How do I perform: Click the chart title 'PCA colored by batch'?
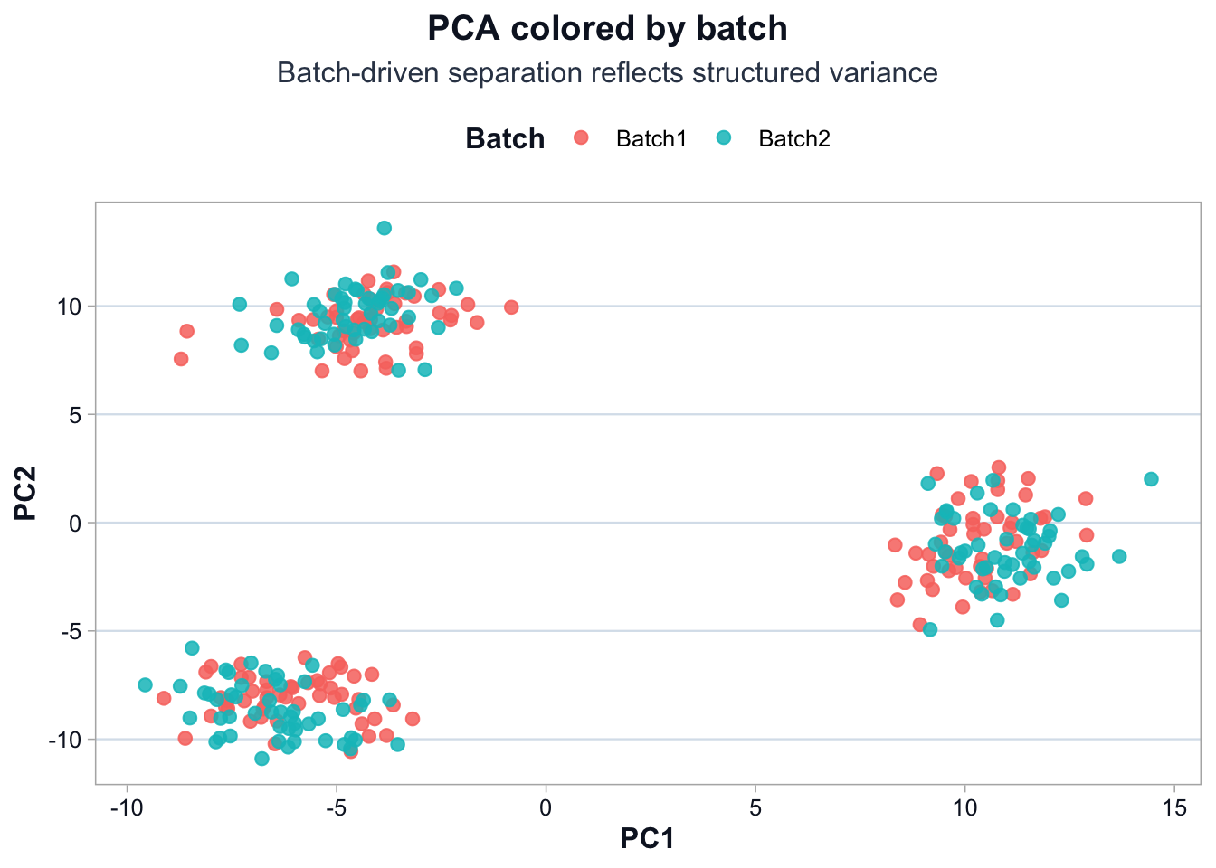click(607, 29)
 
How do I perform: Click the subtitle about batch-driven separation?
click(607, 72)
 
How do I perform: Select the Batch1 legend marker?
click(581, 137)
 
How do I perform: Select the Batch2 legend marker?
click(724, 137)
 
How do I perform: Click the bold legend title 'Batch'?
click(505, 138)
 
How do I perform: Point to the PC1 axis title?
click(648, 839)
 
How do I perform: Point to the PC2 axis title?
click(25, 493)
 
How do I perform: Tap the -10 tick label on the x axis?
click(126, 807)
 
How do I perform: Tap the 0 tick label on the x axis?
click(546, 807)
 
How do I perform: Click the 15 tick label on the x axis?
click(1174, 807)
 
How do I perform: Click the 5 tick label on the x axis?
click(755, 807)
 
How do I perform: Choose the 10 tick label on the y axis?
click(70, 307)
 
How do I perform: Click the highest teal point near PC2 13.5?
click(385, 228)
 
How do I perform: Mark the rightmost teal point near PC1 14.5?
click(1151, 479)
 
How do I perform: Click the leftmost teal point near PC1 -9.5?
click(145, 684)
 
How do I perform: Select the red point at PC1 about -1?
click(511, 307)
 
